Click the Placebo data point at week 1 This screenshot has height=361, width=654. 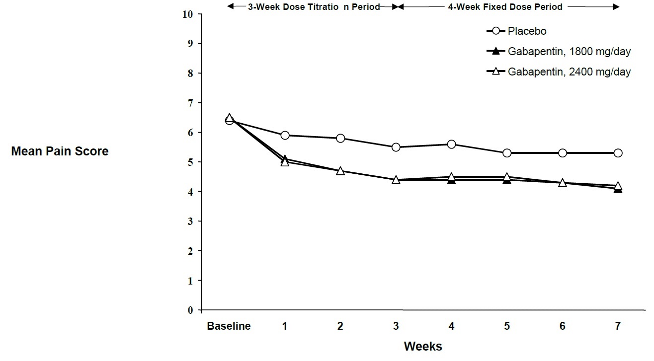285,135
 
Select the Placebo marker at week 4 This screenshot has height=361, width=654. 451,144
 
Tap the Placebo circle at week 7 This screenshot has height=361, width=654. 618,153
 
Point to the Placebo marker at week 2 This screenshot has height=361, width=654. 340,138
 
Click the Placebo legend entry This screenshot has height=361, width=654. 527,31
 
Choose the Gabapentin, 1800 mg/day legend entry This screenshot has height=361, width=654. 569,51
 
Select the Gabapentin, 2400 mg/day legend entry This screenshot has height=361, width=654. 569,72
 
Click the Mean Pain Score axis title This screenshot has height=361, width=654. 60,151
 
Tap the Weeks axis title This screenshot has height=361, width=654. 422,346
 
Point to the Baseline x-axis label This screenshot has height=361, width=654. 229,326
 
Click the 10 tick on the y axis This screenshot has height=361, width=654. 187,14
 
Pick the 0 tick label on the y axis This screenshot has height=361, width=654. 190,310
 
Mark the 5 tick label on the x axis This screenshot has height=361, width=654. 507,326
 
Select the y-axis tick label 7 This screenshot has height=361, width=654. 190,103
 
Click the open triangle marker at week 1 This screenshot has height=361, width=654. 285,162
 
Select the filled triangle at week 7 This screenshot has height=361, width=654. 618,189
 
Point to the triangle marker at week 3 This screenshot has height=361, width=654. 396,179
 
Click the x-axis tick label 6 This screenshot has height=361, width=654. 562,326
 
